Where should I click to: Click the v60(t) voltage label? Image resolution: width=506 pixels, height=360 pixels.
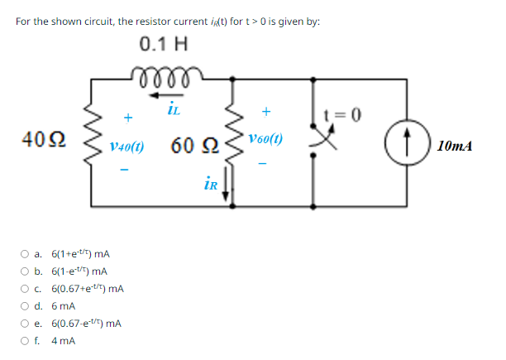click(265, 140)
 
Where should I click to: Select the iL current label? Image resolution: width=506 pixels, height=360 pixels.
click(173, 106)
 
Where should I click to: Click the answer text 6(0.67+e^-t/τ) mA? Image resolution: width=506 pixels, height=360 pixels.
click(88, 289)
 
